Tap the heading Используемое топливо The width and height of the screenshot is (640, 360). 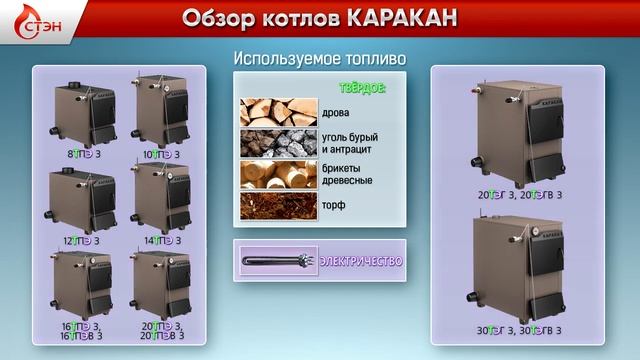319,59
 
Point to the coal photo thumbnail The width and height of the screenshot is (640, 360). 278,143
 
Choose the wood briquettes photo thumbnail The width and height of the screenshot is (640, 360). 278,174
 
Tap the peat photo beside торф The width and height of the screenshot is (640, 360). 278,204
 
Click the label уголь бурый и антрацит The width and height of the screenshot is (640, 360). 351,143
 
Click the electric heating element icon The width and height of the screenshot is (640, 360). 278,261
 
